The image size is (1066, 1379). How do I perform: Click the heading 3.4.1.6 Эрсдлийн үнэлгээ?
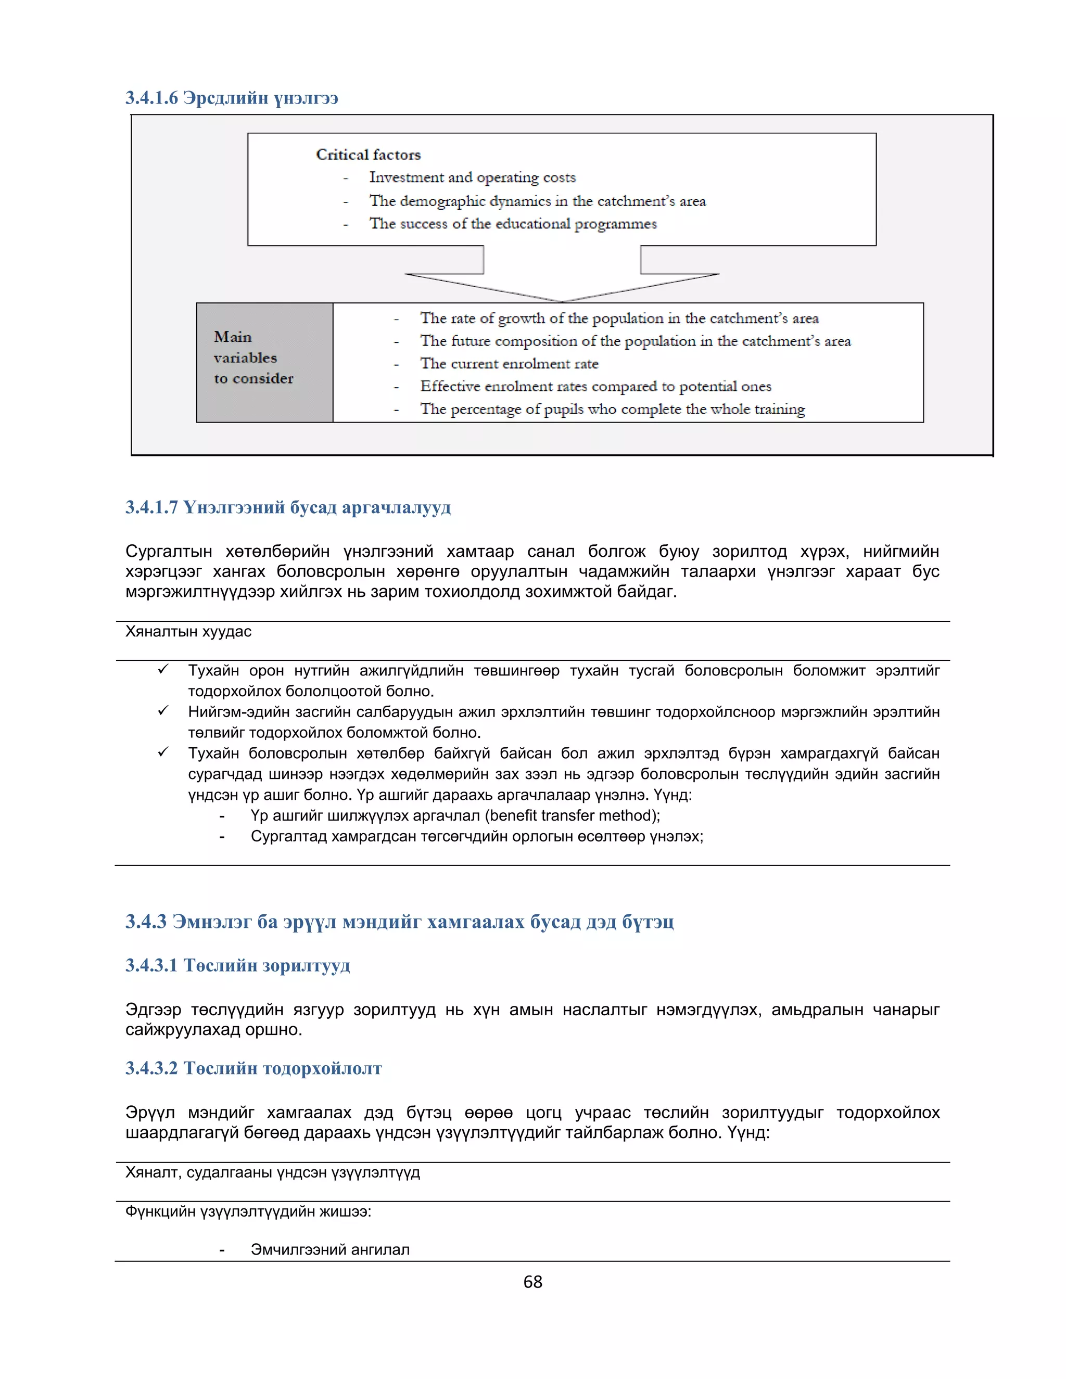pos(231,98)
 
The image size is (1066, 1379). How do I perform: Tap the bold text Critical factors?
pos(367,155)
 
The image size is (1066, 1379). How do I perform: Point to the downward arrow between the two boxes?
pos(562,278)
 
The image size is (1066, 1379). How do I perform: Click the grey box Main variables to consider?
pos(264,362)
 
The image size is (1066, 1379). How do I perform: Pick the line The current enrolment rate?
pos(509,364)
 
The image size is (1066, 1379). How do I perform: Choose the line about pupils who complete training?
pos(612,409)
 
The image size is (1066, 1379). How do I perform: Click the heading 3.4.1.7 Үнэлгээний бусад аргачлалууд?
pos(288,508)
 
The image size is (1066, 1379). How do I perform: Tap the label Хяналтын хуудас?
pos(188,631)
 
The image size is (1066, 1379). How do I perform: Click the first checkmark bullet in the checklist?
pos(163,669)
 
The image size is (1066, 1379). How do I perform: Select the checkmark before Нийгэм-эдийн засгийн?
pos(163,711)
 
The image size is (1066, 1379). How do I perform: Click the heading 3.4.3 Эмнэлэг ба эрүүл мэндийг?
pos(399,922)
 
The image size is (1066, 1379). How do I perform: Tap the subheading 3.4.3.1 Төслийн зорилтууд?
pos(237,965)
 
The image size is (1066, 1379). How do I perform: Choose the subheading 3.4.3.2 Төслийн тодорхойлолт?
pos(253,1068)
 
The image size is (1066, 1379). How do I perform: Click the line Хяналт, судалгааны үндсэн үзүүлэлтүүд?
pos(272,1172)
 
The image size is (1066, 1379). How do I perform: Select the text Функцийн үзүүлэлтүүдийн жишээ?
pos(248,1211)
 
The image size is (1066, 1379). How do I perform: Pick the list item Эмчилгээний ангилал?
pos(329,1249)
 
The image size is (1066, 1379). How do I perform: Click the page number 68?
pos(532,1282)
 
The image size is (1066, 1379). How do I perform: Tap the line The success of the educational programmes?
pos(512,224)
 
